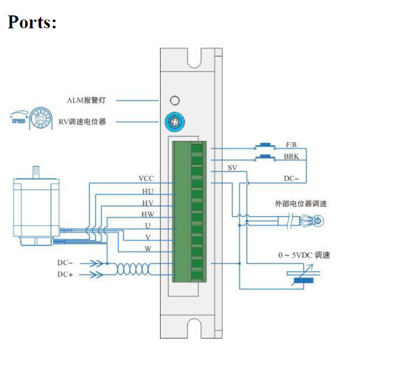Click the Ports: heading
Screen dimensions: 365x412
point(32,21)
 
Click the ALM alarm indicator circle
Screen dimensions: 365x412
point(175,100)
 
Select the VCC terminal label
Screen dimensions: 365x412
point(146,179)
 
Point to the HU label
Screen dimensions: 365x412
point(148,191)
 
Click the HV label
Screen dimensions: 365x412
point(148,203)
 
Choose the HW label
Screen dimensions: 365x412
point(148,215)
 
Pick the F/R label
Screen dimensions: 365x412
point(291,145)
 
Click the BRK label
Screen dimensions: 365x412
point(291,157)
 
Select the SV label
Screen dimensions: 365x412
point(232,168)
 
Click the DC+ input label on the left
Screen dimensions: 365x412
point(65,274)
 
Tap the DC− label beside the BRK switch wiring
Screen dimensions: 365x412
point(292,179)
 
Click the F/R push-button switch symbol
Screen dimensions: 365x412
point(265,146)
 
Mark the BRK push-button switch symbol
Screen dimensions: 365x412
point(265,157)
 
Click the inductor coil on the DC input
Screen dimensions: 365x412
point(133,269)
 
